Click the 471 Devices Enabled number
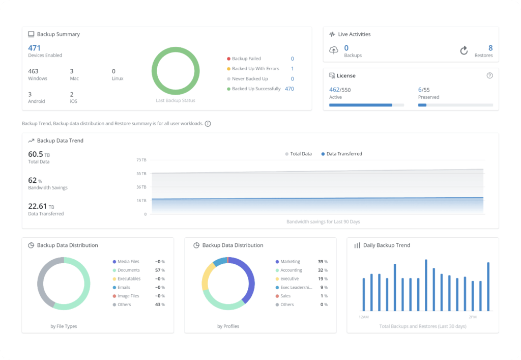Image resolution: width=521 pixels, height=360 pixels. pos(34,48)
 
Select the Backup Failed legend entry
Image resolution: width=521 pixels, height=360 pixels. pos(246,59)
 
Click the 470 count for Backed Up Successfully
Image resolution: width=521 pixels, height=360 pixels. pos(289,89)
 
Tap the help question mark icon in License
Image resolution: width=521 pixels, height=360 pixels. pos(489,75)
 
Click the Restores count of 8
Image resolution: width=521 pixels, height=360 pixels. pos(490,48)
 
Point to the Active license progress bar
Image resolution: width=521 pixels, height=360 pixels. pos(366,105)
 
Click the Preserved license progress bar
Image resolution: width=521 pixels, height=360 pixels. pos(455,105)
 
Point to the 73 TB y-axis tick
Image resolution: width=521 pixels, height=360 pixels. pos(141,160)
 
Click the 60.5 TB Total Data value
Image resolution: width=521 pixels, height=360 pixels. pos(39,154)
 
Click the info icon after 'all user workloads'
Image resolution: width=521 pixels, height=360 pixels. pos(208,123)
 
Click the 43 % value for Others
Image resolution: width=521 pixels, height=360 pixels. pos(160,304)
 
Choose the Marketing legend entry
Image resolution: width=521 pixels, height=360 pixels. pos(290,261)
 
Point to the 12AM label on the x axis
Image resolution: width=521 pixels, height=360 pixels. pos(363,317)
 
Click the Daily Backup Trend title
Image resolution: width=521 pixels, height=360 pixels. pos(386,245)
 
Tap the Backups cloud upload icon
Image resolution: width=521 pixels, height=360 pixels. pos(334,50)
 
